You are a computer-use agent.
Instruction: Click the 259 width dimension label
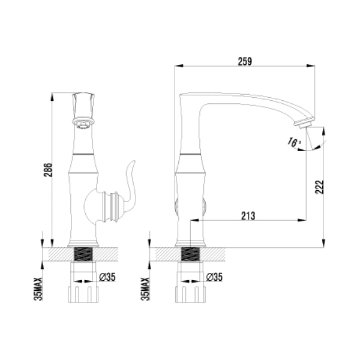tap(244, 61)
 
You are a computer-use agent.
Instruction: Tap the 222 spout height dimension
tap(320, 187)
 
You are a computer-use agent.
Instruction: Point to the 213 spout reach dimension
tap(247, 215)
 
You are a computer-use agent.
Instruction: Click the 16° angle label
tap(293, 143)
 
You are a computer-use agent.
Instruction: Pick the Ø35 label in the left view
tap(106, 277)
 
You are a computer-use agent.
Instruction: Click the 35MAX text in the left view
tap(38, 287)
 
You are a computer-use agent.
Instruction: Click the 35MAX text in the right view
tap(145, 287)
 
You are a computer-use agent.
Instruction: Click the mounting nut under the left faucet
tap(83, 294)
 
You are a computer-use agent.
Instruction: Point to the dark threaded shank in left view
tap(83, 254)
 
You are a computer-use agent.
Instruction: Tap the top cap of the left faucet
tap(84, 102)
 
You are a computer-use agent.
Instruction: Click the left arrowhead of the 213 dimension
tap(193, 221)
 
